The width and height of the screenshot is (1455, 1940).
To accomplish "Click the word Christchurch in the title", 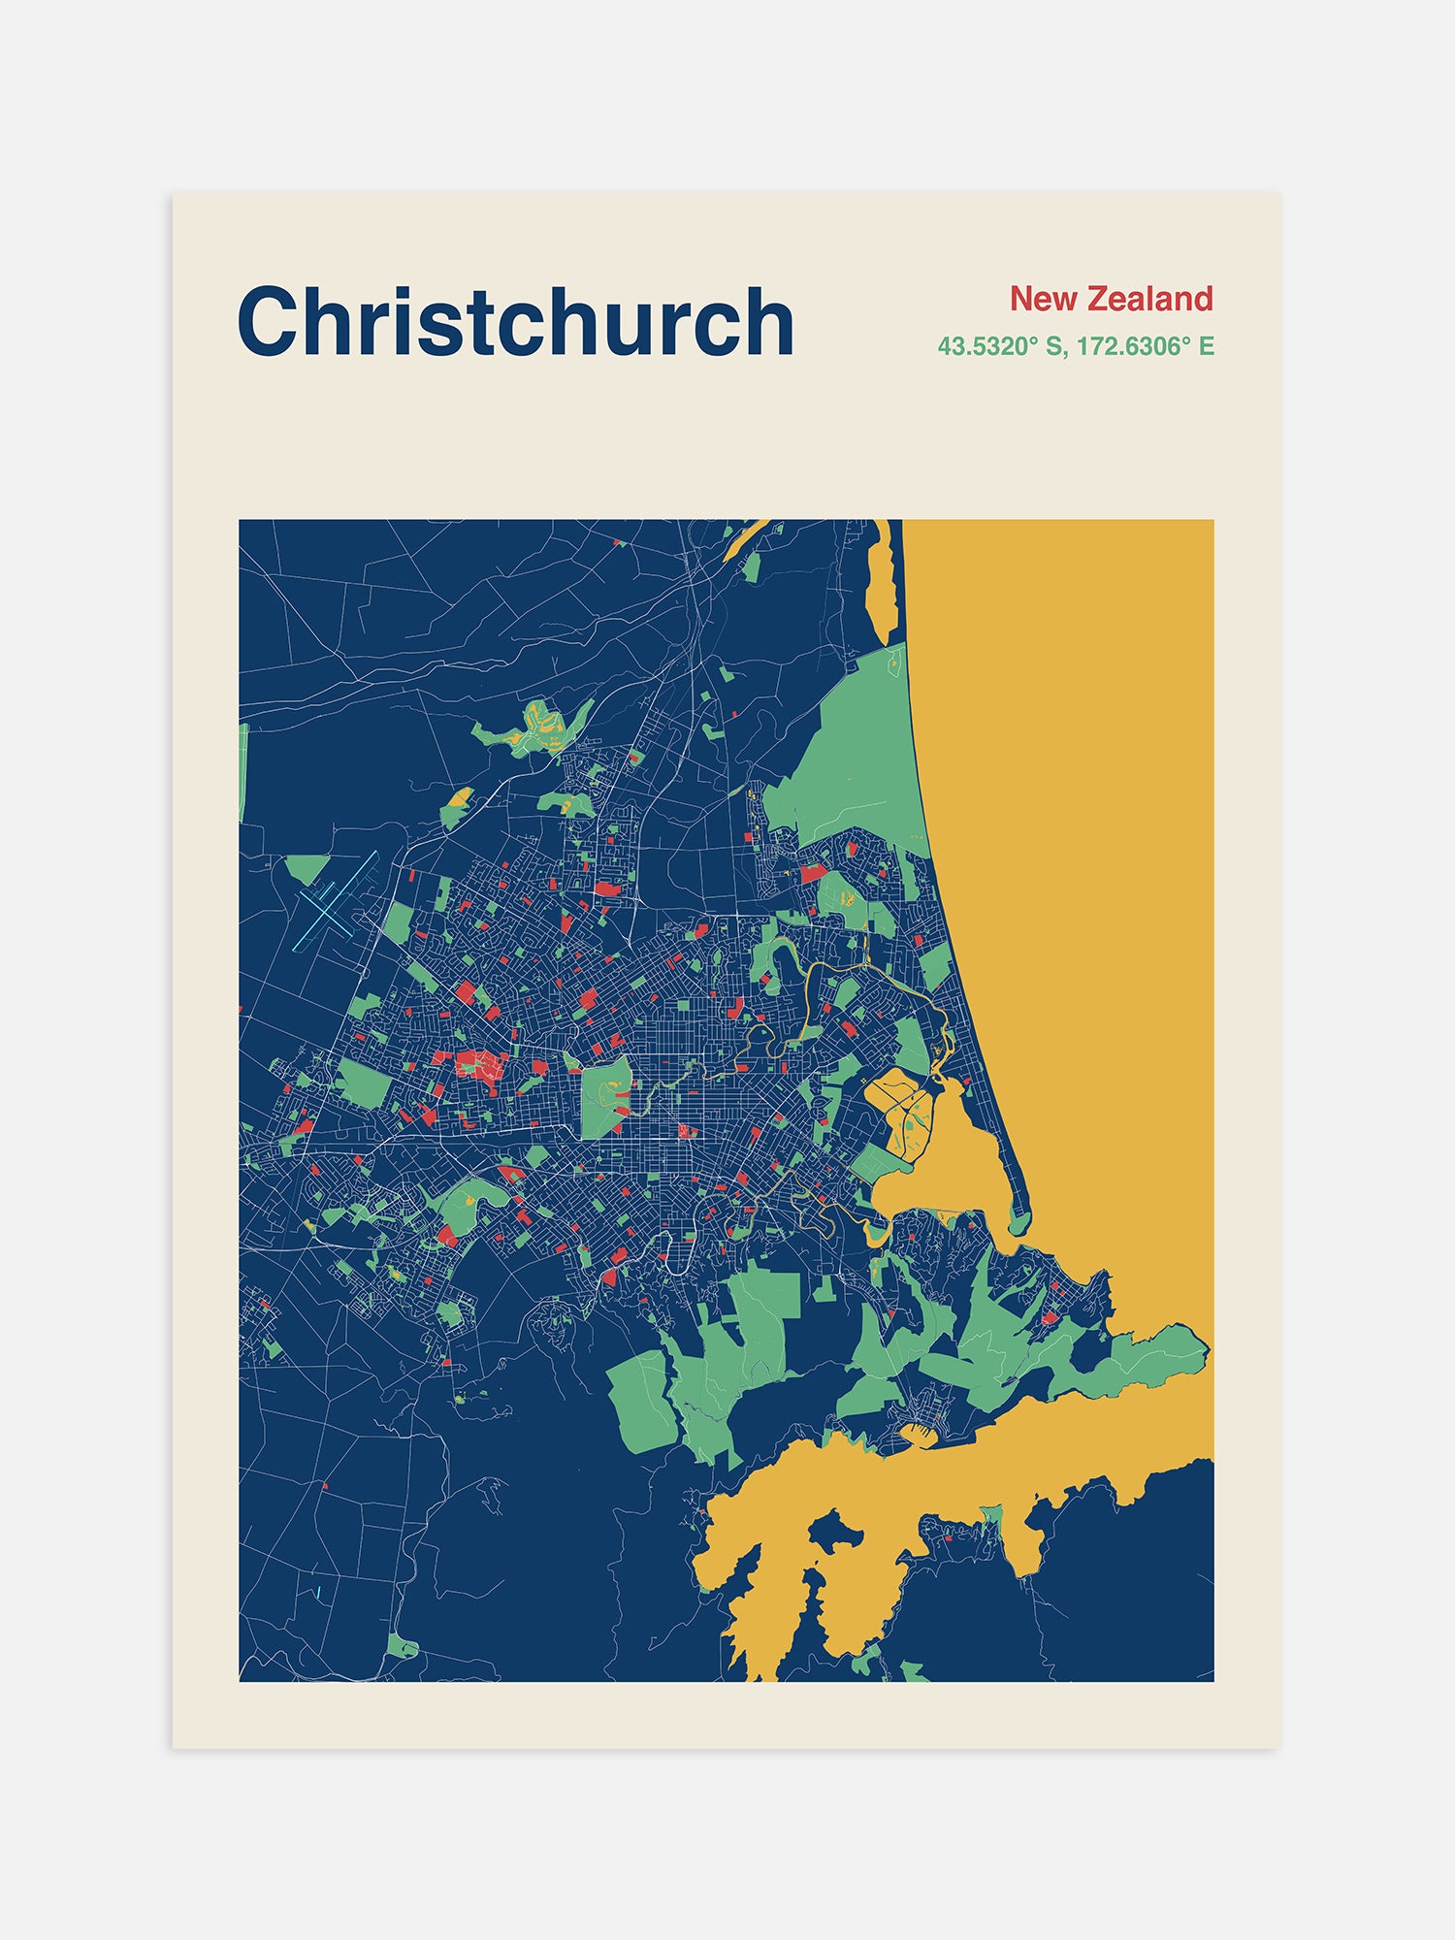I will click(515, 322).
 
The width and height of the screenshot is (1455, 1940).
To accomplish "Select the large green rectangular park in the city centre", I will click(605, 1096).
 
